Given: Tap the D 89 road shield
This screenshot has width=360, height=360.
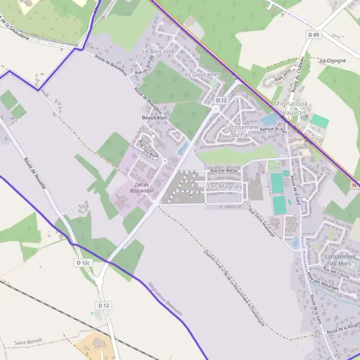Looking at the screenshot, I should click(x=314, y=35).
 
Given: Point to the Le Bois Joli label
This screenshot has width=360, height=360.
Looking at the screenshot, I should click(x=157, y=52).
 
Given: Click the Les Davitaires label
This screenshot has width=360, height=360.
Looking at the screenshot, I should click(x=200, y=75).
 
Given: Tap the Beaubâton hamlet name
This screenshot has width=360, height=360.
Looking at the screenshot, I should click(x=154, y=118).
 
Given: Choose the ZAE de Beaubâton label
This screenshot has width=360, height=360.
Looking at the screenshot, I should click(x=142, y=188).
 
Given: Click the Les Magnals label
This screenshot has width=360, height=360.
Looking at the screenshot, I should click(x=224, y=187).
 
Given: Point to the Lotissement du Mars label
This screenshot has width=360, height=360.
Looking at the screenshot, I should click(x=340, y=260).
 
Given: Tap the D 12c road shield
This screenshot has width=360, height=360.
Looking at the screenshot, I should click(x=83, y=263).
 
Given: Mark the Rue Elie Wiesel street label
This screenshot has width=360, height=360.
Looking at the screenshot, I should click(x=224, y=170).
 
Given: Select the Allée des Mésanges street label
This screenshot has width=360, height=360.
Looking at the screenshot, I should click(x=319, y=281).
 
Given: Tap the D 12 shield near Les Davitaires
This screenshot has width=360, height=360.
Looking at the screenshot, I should click(x=222, y=100).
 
